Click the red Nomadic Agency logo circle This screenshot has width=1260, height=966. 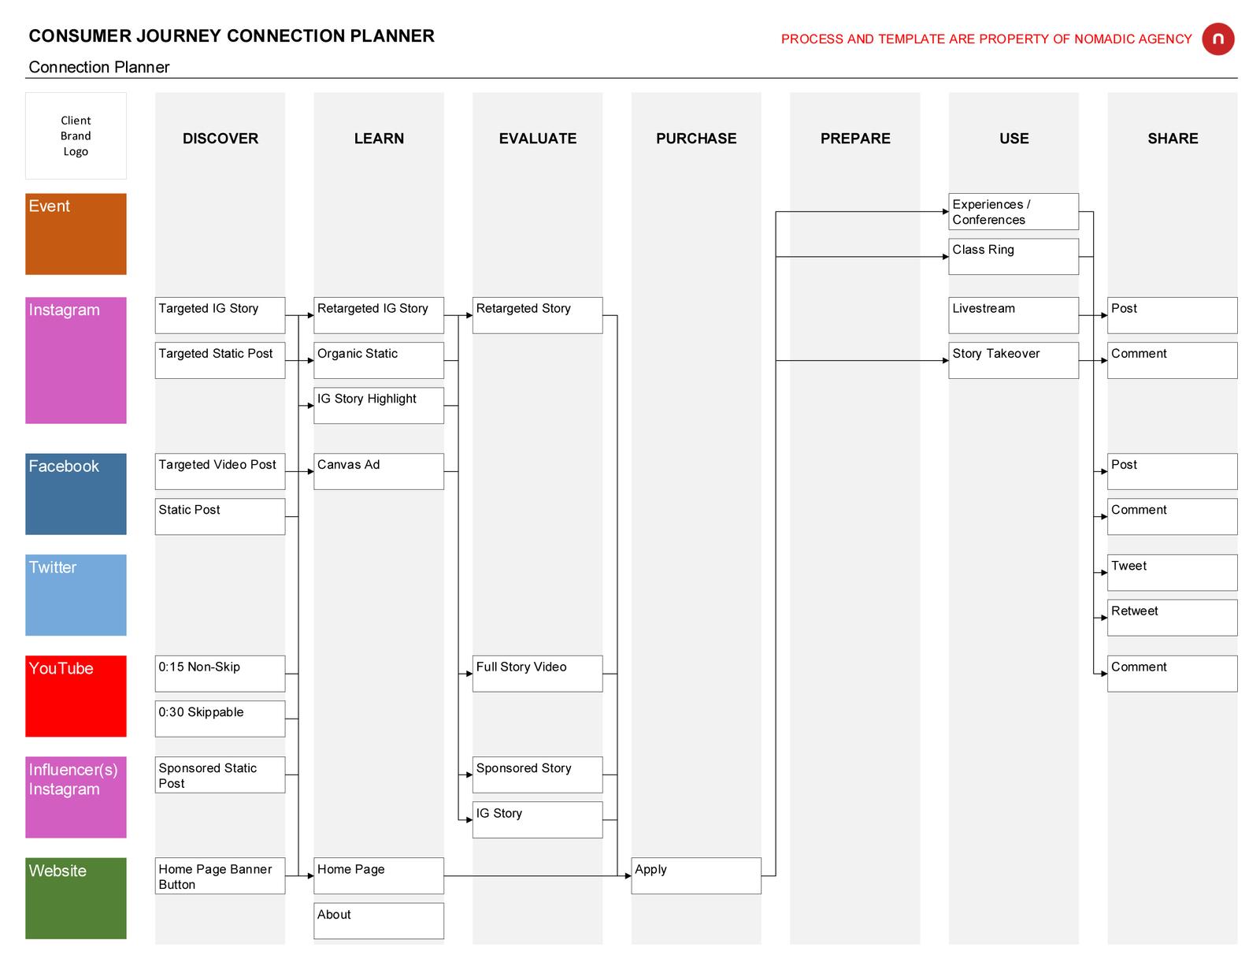click(1217, 39)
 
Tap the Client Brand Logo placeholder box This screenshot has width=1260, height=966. click(76, 136)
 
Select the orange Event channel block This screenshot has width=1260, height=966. click(76, 234)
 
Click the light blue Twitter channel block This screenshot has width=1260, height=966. click(76, 595)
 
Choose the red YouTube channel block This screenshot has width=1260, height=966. click(76, 696)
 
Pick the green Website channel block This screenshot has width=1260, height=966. click(76, 897)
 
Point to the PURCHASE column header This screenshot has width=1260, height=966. click(696, 138)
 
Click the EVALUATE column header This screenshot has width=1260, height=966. click(538, 138)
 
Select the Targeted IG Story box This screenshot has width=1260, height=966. click(220, 315)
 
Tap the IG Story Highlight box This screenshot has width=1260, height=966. click(379, 405)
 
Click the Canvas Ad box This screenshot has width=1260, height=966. click(379, 471)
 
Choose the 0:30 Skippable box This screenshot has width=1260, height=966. click(220, 719)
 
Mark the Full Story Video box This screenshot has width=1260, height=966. click(538, 673)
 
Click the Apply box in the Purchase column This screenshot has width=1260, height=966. click(696, 875)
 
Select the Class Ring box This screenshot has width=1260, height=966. click(1013, 256)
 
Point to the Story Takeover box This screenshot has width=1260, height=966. click(1013, 360)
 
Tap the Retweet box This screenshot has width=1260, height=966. click(1172, 617)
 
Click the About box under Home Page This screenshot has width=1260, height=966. click(379, 920)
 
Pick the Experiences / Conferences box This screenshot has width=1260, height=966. click(1013, 211)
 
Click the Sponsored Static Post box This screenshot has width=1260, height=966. click(220, 775)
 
